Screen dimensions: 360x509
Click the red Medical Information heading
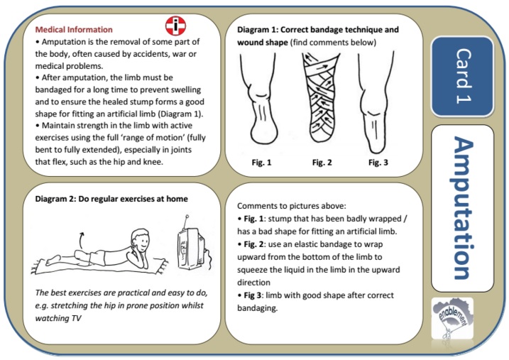pyautogui.click(x=74, y=30)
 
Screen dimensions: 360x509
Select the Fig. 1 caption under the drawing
pyautogui.click(x=261, y=163)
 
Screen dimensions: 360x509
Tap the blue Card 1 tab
pyautogui.click(x=462, y=76)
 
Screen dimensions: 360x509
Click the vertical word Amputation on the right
pyautogui.click(x=462, y=209)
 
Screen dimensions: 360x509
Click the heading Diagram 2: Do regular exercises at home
pyautogui.click(x=111, y=199)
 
